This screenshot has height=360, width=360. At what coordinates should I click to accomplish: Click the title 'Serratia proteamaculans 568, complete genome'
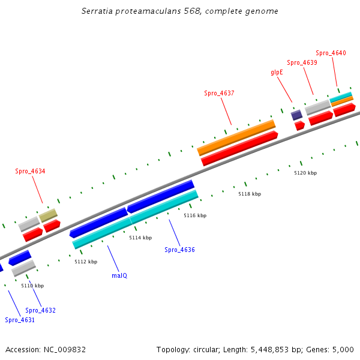pyautogui.click(x=180, y=11)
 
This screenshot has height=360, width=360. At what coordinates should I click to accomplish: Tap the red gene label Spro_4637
pyautogui.click(x=219, y=93)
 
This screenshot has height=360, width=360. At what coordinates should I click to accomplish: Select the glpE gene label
pyautogui.click(x=277, y=72)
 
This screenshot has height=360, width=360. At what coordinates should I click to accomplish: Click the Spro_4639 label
pyautogui.click(x=302, y=62)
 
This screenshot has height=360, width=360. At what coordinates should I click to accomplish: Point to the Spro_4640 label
pyautogui.click(x=331, y=53)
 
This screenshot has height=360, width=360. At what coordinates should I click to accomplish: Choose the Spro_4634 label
pyautogui.click(x=30, y=171)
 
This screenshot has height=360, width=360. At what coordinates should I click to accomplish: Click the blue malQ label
pyautogui.click(x=119, y=275)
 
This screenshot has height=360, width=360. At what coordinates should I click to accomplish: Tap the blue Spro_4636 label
pyautogui.click(x=179, y=250)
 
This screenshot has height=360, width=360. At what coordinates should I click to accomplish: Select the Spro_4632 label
pyautogui.click(x=40, y=310)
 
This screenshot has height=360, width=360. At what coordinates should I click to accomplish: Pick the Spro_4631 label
pyautogui.click(x=20, y=320)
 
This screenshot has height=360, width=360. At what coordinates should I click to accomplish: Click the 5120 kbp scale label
pyautogui.click(x=305, y=173)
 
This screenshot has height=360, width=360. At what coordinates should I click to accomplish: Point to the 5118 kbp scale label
pyautogui.click(x=250, y=194)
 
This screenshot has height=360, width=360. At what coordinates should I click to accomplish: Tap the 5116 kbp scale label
pyautogui.click(x=195, y=215)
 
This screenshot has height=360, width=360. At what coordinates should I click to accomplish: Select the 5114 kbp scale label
pyautogui.click(x=140, y=238)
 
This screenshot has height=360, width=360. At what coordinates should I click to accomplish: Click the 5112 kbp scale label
pyautogui.click(x=86, y=262)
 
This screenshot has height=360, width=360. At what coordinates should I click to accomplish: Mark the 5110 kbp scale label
pyautogui.click(x=32, y=286)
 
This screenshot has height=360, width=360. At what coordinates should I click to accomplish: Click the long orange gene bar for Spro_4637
pyautogui.click(x=236, y=137)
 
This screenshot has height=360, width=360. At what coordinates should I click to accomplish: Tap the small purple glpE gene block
pyautogui.click(x=296, y=115)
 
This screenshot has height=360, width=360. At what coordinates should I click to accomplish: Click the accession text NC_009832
pyautogui.click(x=46, y=349)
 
